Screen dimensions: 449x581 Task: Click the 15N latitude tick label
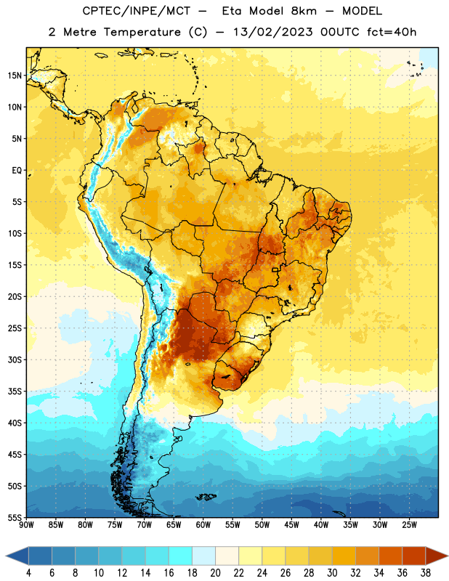[15, 76]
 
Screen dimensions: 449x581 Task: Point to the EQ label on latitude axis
[17, 171]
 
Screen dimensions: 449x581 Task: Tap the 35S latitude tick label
[15, 391]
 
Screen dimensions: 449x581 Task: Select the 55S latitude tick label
[15, 517]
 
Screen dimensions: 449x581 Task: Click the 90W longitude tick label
[26, 525]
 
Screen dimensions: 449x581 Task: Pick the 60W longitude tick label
[203, 525]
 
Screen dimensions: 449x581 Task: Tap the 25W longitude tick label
[409, 525]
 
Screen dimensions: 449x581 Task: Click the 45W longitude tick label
[291, 525]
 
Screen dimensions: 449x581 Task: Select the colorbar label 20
[215, 573]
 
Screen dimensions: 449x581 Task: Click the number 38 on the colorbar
[426, 573]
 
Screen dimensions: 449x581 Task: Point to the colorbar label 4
[28, 573]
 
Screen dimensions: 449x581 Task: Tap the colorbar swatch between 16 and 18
[181, 556]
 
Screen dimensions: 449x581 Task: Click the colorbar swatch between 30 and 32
[344, 556]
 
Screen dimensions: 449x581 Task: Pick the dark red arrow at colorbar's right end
[437, 556]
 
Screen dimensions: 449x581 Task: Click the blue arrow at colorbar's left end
[17, 556]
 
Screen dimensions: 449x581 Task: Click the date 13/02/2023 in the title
[273, 32]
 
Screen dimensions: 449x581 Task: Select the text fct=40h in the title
[392, 32]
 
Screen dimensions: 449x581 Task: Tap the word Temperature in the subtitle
[142, 33]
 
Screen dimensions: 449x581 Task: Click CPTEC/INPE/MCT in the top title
[137, 11]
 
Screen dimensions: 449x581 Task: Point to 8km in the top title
[304, 11]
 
